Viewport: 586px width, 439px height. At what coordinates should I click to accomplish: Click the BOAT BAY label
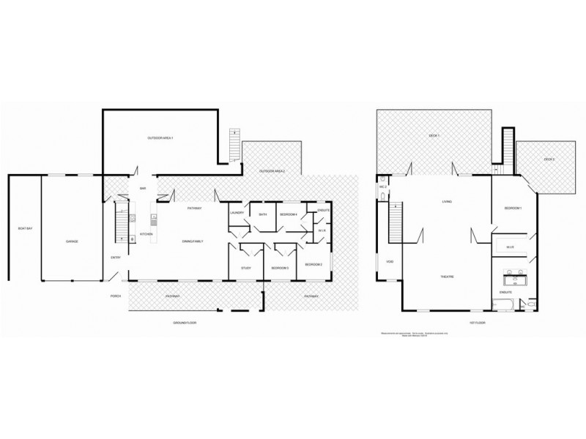(x=24, y=230)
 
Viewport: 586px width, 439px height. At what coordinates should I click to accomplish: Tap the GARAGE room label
(x=72, y=241)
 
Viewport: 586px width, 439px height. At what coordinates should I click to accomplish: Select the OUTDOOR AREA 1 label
(x=160, y=138)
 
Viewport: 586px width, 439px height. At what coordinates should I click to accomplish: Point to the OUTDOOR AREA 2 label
(x=272, y=171)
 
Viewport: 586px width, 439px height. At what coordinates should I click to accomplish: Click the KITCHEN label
(x=146, y=234)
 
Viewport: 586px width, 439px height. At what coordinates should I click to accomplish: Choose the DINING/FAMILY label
(x=193, y=241)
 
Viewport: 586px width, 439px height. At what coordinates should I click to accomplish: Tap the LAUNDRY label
(x=236, y=213)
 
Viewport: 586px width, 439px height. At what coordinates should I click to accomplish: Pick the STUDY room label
(x=246, y=269)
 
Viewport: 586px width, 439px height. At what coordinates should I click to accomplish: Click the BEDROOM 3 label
(x=280, y=269)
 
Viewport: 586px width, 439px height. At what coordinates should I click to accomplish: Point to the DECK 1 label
(x=434, y=135)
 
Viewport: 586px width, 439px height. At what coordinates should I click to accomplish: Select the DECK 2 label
(x=549, y=159)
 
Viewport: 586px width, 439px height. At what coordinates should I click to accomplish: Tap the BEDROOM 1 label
(x=513, y=209)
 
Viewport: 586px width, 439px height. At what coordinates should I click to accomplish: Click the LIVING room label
(x=446, y=201)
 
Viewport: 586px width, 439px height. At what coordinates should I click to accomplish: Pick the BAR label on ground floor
(x=144, y=189)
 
